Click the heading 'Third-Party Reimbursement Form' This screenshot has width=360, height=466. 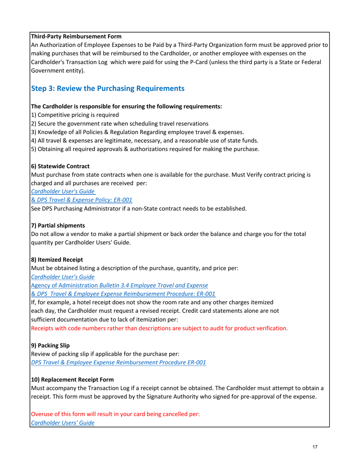coord(76,36)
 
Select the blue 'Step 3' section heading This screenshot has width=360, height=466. coord(107,88)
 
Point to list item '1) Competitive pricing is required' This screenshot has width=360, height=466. coord(75,114)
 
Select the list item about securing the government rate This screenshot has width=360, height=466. coord(119,123)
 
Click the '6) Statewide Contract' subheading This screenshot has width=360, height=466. coord(60,166)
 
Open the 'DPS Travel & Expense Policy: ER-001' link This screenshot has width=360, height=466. coord(84,199)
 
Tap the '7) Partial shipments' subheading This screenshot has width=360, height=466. coord(58,225)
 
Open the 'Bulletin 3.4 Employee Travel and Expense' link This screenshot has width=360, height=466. coord(153,285)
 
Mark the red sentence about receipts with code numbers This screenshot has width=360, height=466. coord(159,328)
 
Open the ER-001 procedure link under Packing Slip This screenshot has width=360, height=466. coord(118,362)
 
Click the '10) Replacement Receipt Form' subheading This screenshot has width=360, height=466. coord(72,379)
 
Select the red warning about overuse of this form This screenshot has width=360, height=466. coord(115,414)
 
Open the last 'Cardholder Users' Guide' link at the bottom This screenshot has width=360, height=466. coord(63,422)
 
